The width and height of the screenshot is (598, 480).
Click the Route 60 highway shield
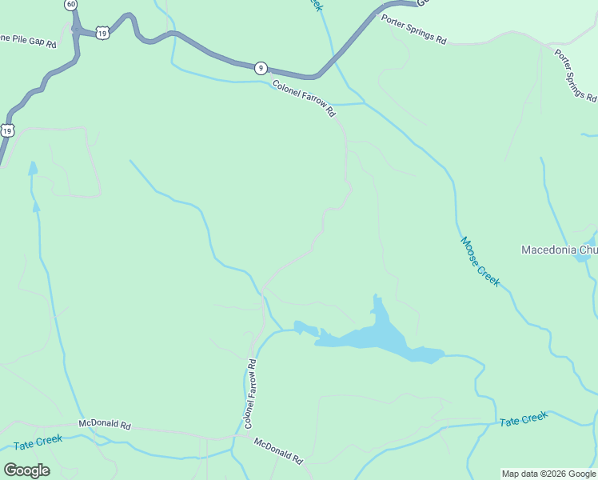72,4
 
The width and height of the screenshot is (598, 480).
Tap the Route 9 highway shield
261,68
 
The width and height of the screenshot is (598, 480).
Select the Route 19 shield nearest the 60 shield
102,32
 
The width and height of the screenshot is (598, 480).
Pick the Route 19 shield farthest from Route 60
7,130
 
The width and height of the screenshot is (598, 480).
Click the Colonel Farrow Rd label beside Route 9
304,99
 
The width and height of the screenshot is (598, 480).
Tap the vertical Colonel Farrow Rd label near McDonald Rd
250,393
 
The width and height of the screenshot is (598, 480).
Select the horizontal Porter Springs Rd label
413,30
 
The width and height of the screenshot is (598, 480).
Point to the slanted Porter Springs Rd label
576,75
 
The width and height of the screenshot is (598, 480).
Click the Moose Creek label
480,262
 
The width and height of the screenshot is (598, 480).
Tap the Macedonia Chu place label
559,250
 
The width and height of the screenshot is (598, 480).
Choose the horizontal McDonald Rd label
104,424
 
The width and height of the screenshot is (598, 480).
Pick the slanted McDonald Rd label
279,451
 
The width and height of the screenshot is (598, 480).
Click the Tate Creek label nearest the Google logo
38,442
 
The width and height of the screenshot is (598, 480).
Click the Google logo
26,470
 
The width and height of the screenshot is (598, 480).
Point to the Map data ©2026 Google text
548,474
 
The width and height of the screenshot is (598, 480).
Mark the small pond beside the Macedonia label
591,242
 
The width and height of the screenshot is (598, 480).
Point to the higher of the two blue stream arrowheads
33,168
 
